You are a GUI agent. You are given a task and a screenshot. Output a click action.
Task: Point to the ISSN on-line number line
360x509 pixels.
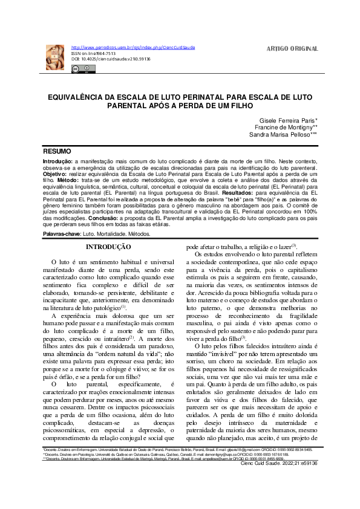(94, 53)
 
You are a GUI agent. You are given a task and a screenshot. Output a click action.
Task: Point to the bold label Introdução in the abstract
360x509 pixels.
(57, 163)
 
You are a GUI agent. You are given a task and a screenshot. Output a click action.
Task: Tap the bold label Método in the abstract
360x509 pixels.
(68, 180)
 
